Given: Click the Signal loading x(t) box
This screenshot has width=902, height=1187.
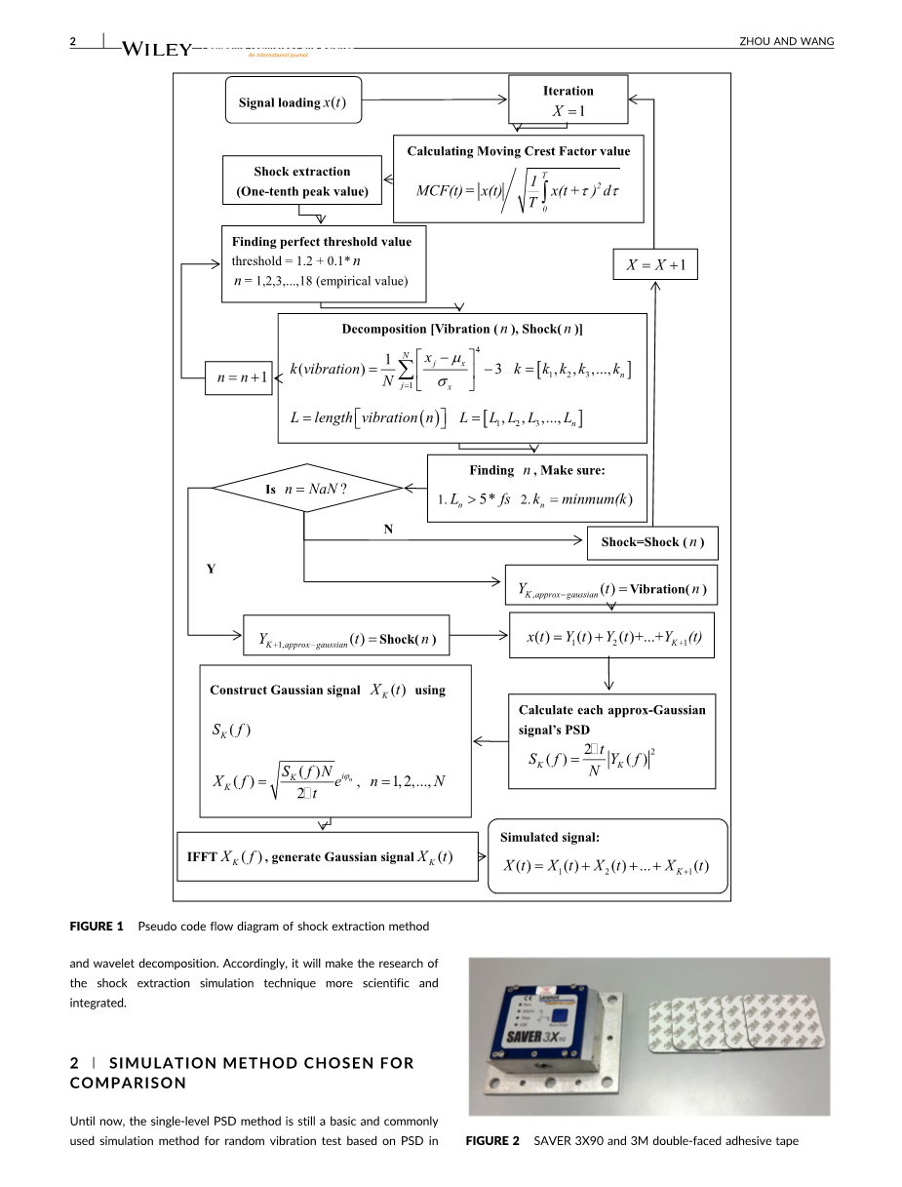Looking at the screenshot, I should coord(293,102).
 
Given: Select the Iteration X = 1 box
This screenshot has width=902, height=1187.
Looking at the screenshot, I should coord(568,101).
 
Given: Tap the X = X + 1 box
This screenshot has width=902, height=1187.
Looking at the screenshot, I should coord(655,265).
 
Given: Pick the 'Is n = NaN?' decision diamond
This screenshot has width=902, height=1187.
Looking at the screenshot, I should coord(307,489).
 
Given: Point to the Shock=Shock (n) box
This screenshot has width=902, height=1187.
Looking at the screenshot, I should coord(651,542).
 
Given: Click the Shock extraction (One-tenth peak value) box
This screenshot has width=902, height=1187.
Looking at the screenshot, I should coord(302,181).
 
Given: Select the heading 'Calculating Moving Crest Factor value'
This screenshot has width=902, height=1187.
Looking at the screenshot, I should coord(518,151).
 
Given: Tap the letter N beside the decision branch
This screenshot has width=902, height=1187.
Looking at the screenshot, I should coord(388,530).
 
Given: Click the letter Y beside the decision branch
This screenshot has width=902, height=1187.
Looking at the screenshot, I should coord(211,569).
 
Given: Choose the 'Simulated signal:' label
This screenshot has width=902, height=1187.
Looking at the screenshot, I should coord(550,837).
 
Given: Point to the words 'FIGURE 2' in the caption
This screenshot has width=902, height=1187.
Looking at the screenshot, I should coord(492,1141).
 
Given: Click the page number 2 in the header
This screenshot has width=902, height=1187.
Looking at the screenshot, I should coord(73,41).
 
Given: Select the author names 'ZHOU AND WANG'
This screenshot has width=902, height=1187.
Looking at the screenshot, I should coord(788,41).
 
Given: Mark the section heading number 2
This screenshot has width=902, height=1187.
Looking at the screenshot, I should coord(74,1063).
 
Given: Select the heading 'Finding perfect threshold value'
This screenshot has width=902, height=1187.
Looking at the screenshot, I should coord(322,242).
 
